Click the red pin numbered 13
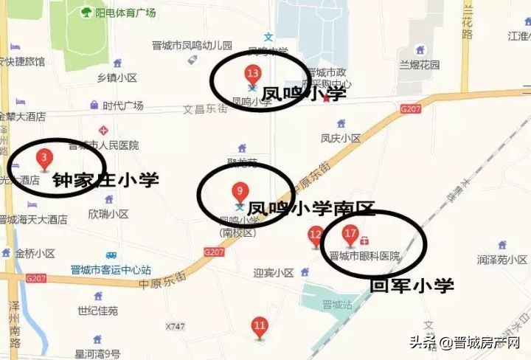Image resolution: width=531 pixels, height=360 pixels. (253, 74)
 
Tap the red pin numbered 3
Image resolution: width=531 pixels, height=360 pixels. (44, 158)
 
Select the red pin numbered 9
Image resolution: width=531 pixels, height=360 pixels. (237, 190)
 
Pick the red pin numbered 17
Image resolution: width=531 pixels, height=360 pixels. (350, 235)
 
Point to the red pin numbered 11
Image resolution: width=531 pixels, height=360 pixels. (260, 325)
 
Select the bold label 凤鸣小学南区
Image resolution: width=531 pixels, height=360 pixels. (311, 209)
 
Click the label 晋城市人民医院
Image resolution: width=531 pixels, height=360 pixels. (108, 145)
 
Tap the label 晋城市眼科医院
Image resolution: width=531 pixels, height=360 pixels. (364, 256)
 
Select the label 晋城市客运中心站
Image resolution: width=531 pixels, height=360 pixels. (111, 270)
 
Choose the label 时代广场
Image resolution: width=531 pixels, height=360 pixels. (122, 105)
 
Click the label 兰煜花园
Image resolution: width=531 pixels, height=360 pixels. (419, 64)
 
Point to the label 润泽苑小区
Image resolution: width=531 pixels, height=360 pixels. (502, 260)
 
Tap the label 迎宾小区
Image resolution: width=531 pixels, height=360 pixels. (274, 271)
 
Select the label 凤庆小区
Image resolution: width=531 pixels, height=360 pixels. (340, 138)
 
